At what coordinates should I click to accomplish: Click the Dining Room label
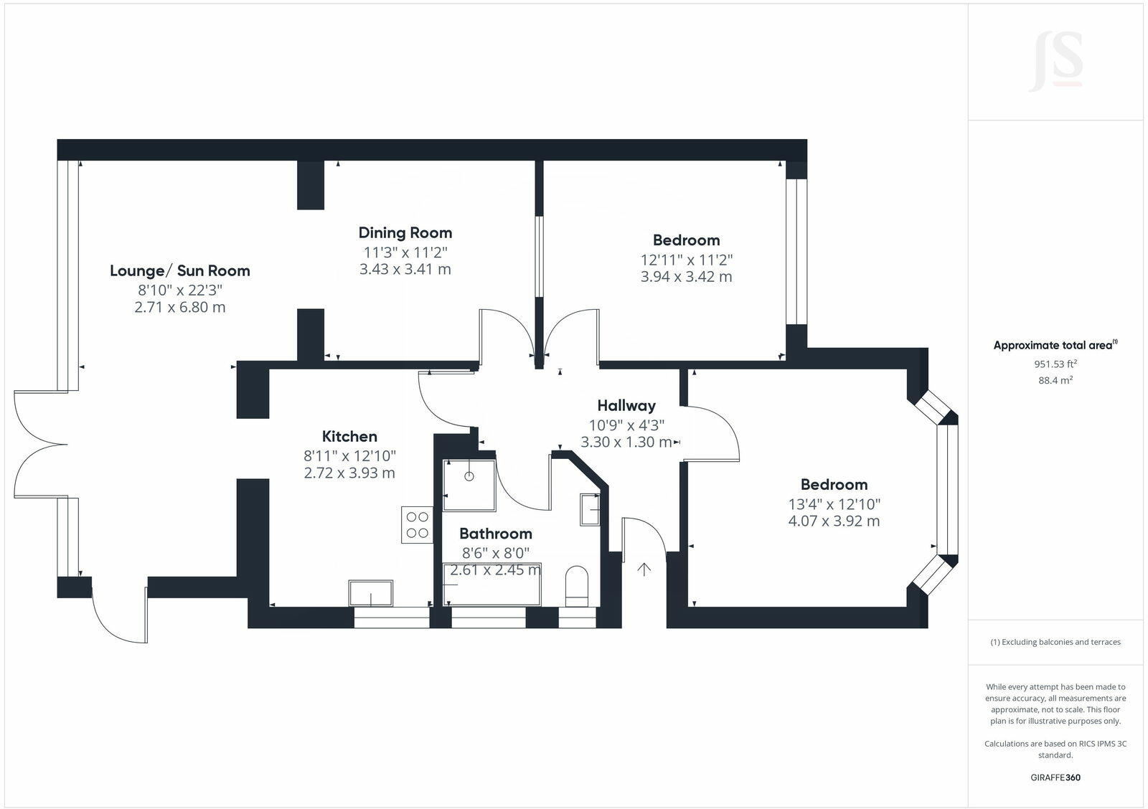tap(405, 232)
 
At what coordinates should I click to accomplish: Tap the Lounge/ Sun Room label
tap(180, 270)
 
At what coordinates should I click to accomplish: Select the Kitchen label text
tap(349, 436)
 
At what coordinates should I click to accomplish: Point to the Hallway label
tap(626, 405)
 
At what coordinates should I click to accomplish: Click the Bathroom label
tap(496, 533)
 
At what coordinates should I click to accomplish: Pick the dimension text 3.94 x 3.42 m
tap(686, 277)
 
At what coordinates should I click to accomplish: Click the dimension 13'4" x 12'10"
tap(834, 503)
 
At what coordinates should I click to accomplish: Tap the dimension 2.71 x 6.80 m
tap(180, 308)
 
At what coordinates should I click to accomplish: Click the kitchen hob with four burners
tap(417, 524)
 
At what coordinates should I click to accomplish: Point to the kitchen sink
tap(371, 593)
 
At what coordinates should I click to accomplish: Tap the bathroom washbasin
tap(591, 510)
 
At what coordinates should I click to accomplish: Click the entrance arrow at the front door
tap(644, 569)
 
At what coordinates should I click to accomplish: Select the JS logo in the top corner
tap(1055, 62)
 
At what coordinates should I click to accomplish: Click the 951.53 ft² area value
tap(1055, 364)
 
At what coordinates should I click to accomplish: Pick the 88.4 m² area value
tap(1055, 380)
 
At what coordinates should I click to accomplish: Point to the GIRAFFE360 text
tap(1055, 777)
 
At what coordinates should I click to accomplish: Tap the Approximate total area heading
tap(1055, 345)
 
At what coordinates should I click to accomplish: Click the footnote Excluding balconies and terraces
tap(1055, 642)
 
